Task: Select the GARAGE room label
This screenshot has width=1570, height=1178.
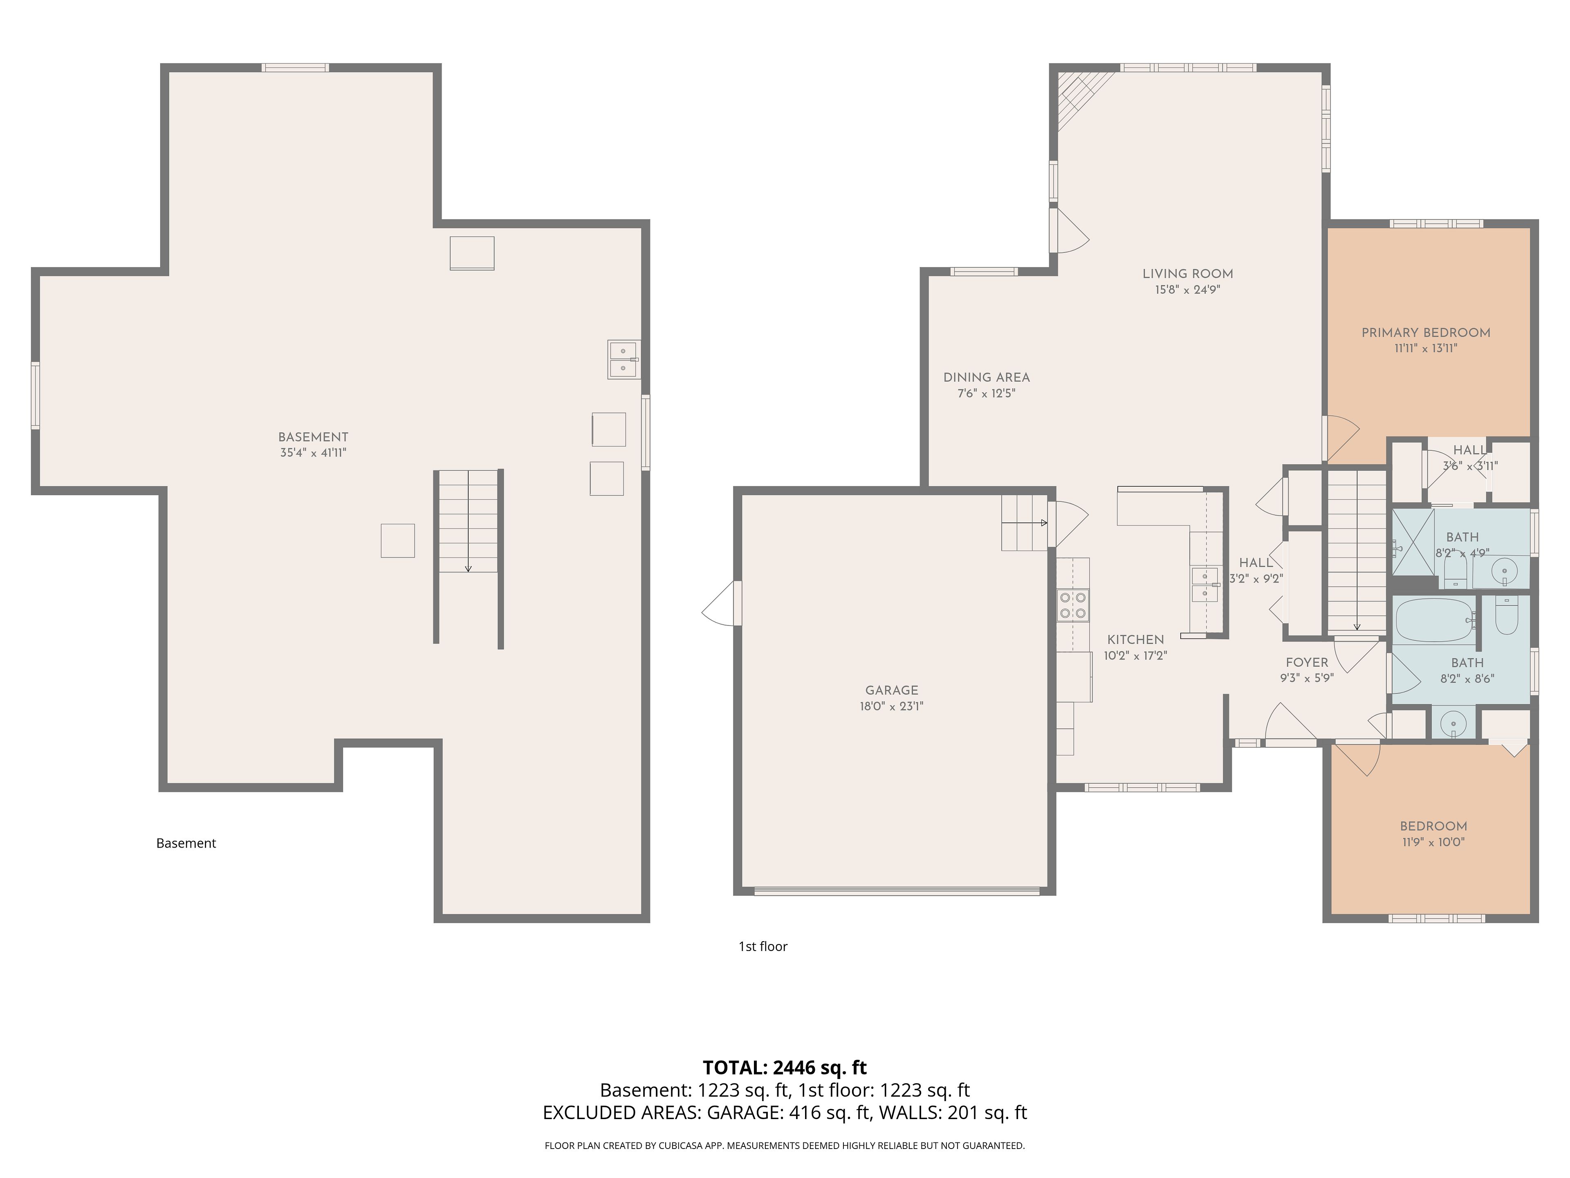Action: pyautogui.click(x=891, y=690)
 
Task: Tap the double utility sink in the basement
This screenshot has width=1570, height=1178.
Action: pyautogui.click(x=623, y=359)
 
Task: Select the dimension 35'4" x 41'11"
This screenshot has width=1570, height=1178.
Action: pyautogui.click(x=313, y=452)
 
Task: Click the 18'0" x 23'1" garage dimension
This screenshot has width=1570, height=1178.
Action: pyautogui.click(x=891, y=706)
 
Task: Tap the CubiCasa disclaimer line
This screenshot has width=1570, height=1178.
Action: pyautogui.click(x=784, y=1145)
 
